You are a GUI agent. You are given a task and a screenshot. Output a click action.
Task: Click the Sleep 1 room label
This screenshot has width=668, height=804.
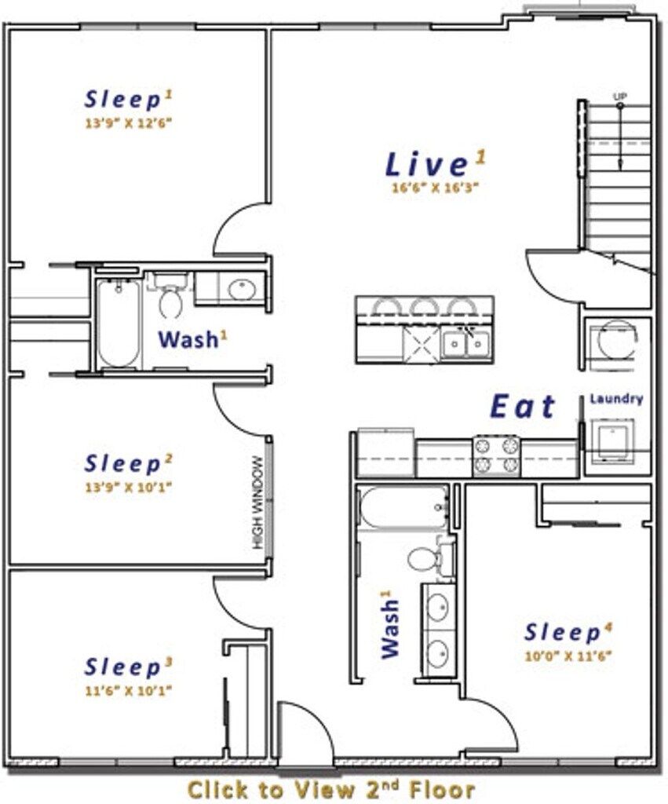point(129,100)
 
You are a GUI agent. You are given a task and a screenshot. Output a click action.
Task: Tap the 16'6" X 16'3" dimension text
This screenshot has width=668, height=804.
point(435,188)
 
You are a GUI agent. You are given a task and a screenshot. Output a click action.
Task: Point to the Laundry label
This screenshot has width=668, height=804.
point(616,399)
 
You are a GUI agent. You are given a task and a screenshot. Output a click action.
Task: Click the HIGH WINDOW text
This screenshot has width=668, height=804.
point(258,502)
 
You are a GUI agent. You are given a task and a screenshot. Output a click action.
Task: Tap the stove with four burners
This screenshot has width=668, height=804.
point(496,455)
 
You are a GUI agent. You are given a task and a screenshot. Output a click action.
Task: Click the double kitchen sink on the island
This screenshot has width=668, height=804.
point(465,345)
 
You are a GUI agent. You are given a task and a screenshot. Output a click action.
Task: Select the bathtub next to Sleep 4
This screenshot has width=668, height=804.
point(403,508)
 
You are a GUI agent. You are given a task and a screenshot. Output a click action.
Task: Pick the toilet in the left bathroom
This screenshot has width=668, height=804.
point(171,296)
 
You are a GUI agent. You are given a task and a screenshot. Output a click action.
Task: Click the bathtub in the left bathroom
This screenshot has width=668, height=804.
point(119,323)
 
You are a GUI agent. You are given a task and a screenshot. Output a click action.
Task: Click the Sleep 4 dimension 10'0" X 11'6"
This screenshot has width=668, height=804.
point(568,656)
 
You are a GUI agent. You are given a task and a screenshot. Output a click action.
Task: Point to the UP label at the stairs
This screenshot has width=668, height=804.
point(620,96)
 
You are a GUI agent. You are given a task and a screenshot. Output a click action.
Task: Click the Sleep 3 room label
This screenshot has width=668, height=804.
point(128,667)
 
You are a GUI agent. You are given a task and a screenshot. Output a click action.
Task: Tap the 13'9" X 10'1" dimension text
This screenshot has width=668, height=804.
point(128,487)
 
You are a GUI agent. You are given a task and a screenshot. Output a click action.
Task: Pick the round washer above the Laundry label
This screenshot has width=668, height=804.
point(614,339)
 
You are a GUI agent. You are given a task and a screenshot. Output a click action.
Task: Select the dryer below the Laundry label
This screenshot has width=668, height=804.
point(612,442)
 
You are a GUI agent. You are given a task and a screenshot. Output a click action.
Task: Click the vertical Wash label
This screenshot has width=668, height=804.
point(391,623)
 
